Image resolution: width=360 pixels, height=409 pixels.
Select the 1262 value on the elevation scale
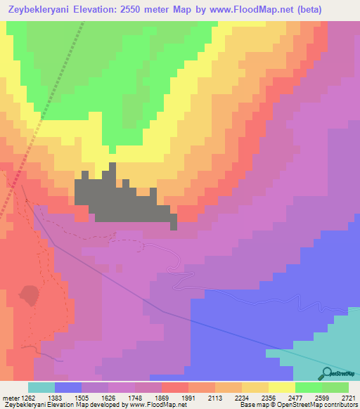pos(20,397)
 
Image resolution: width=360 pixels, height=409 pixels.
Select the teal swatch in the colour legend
pos(41,387)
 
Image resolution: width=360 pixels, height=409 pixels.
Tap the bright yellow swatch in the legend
pos(282,387)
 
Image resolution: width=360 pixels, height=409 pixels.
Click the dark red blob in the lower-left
pos(29,295)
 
